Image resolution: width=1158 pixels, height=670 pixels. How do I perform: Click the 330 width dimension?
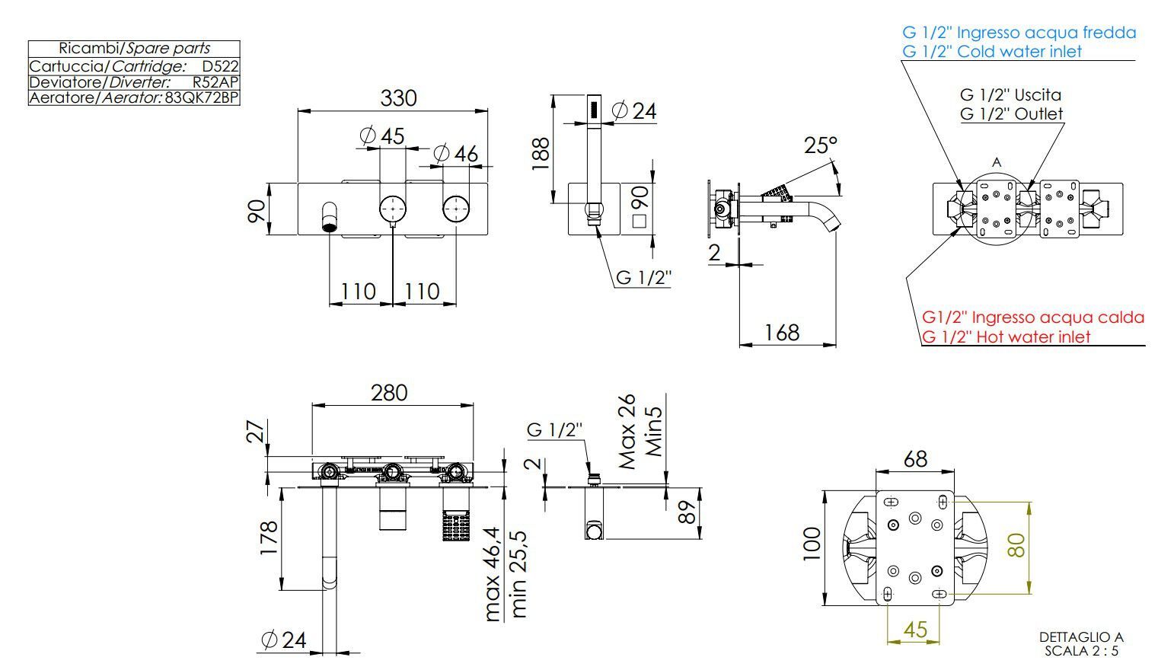click(x=398, y=98)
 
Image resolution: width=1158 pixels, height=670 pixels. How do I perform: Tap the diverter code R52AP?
click(x=215, y=82)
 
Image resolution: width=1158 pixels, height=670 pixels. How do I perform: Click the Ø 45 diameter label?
click(x=383, y=136)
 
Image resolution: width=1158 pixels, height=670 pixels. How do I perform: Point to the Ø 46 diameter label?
click(x=456, y=154)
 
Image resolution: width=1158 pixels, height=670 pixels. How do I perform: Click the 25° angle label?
click(x=820, y=145)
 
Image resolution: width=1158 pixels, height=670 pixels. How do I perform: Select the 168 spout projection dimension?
click(x=782, y=332)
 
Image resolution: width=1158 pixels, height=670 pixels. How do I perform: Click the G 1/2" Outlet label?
click(x=1011, y=113)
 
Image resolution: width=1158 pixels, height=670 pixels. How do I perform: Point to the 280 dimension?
click(x=389, y=393)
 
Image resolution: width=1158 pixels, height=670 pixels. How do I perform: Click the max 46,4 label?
click(x=493, y=574)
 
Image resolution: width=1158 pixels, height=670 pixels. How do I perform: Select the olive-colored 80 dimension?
click(x=1016, y=545)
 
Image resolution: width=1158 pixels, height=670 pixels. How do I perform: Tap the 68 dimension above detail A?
click(x=915, y=459)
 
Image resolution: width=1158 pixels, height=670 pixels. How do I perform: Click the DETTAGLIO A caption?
click(x=1081, y=636)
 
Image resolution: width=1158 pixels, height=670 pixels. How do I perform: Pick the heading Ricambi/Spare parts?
click(x=134, y=48)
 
